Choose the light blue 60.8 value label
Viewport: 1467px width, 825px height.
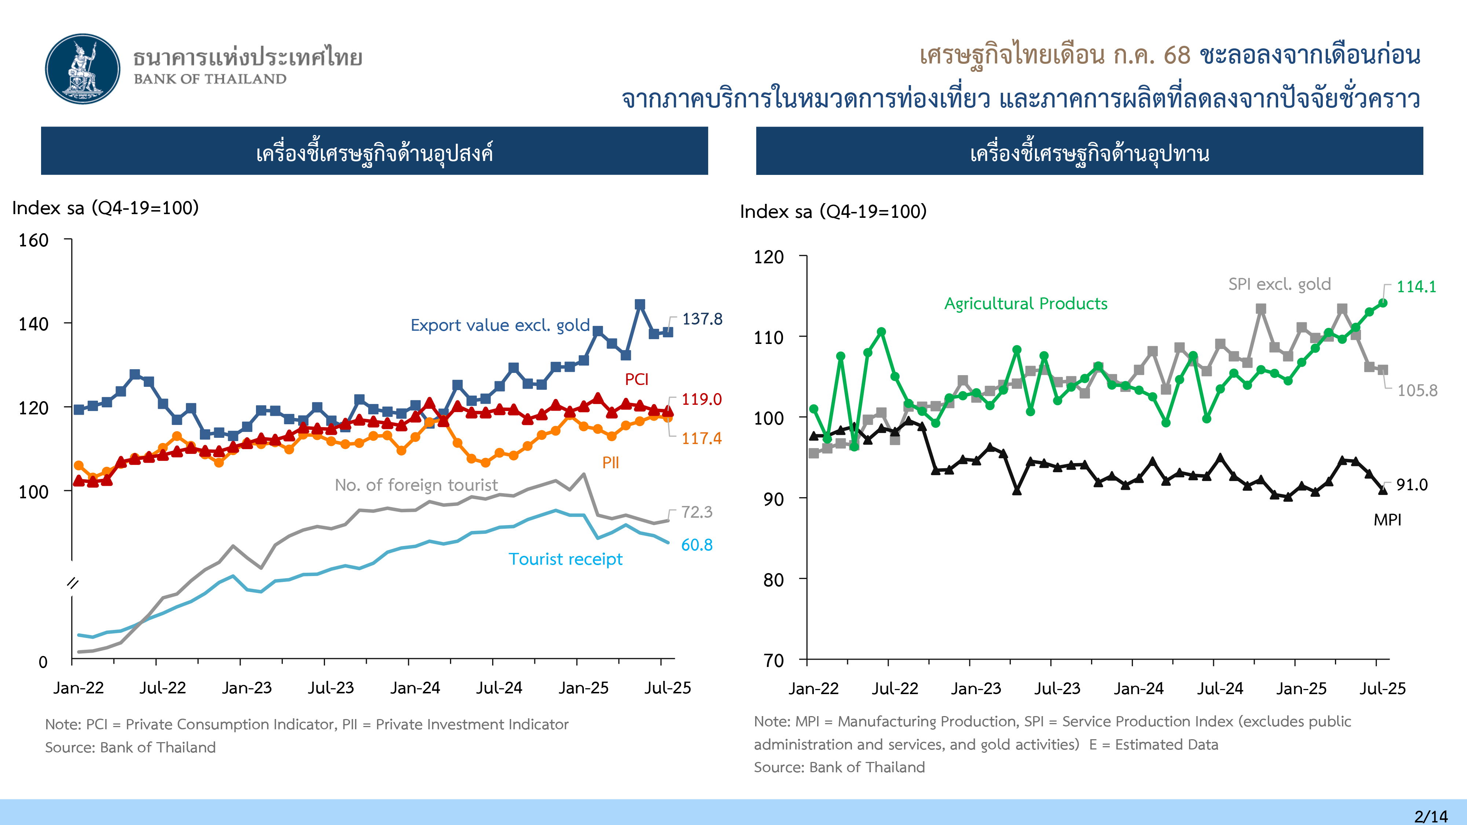pyautogui.click(x=696, y=545)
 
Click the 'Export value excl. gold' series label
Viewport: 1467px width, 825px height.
pyautogui.click(x=500, y=325)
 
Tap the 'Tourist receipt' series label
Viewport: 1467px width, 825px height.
pyautogui.click(x=566, y=559)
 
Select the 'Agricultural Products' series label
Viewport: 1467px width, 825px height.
pyautogui.click(x=1026, y=304)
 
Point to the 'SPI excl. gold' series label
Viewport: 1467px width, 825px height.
pyautogui.click(x=1279, y=284)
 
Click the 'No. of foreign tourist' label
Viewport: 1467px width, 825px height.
pyautogui.click(x=416, y=485)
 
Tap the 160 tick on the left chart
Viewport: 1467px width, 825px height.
pyautogui.click(x=34, y=240)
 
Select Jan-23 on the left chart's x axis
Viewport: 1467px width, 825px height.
pyautogui.click(x=246, y=688)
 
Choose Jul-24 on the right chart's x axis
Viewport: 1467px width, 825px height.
pyautogui.click(x=1219, y=688)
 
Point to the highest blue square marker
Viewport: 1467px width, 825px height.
pyautogui.click(x=640, y=305)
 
